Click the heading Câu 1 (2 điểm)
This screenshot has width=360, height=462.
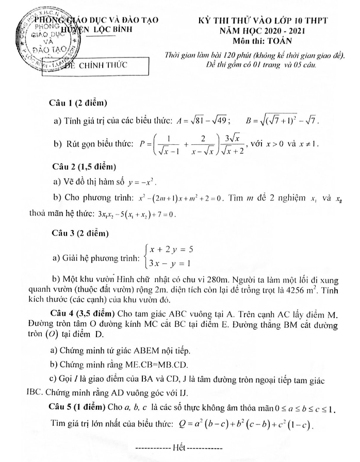pyautogui.click(x=77, y=103)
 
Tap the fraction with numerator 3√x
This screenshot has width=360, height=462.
pyautogui.click(x=235, y=143)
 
